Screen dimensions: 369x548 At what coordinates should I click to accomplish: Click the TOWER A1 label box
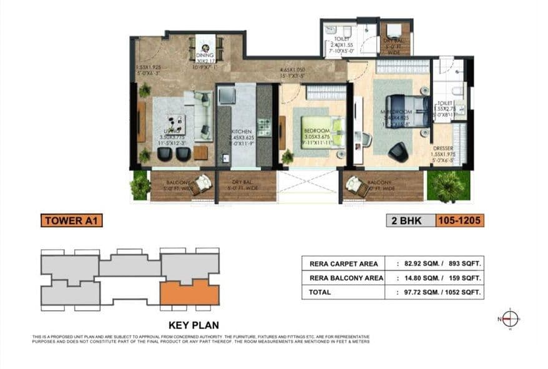pyautogui.click(x=71, y=220)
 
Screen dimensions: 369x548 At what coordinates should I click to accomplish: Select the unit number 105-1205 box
pyautogui.click(x=459, y=220)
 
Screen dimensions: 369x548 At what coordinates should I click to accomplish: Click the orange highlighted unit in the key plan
pyautogui.click(x=189, y=292)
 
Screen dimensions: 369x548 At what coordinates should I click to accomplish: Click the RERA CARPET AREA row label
pyautogui.click(x=342, y=263)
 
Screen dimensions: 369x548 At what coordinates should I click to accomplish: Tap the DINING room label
pyautogui.click(x=205, y=55)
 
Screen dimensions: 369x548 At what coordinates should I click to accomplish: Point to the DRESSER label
pyautogui.click(x=442, y=148)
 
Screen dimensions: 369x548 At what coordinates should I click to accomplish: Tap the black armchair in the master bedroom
pyautogui.click(x=397, y=150)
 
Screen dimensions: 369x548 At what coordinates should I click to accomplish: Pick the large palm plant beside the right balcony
pyautogui.click(x=447, y=185)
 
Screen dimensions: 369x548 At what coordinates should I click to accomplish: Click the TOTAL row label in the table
pyautogui.click(x=316, y=292)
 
